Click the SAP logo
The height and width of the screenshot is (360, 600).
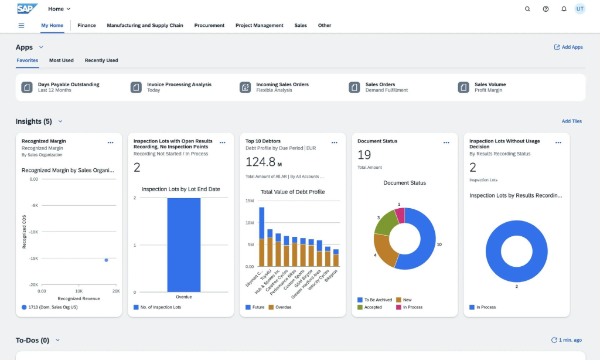(27, 9)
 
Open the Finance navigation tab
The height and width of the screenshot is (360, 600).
(86, 26)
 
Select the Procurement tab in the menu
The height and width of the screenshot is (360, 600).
(209, 26)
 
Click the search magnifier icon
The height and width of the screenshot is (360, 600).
(527, 9)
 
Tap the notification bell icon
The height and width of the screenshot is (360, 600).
(564, 9)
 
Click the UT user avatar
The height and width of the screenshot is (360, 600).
(579, 9)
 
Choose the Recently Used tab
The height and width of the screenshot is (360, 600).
(101, 60)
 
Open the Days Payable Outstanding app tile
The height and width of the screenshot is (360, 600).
(69, 87)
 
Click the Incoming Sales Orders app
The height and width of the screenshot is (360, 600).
(282, 87)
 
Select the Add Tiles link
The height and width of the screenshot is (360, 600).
(571, 121)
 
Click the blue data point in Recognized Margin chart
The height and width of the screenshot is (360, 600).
(106, 260)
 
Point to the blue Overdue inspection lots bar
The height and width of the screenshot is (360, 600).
(184, 244)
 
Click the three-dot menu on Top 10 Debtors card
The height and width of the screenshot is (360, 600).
(334, 142)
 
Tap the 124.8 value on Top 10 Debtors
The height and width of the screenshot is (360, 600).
(260, 162)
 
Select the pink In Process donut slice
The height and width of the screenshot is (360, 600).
(400, 216)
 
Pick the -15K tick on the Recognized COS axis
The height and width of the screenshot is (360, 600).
(34, 259)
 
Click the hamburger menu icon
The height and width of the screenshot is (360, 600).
(22, 26)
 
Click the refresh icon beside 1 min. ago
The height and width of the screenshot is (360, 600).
(554, 340)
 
